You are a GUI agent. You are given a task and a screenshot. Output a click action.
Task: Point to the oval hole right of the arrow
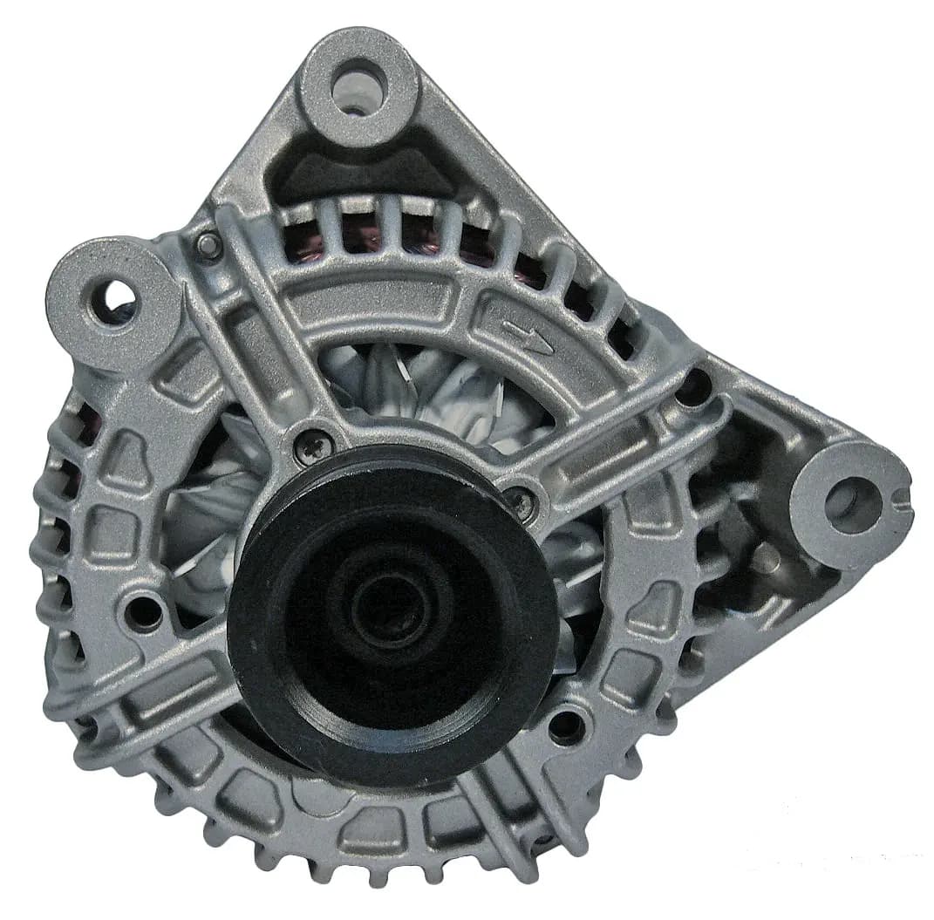695,385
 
